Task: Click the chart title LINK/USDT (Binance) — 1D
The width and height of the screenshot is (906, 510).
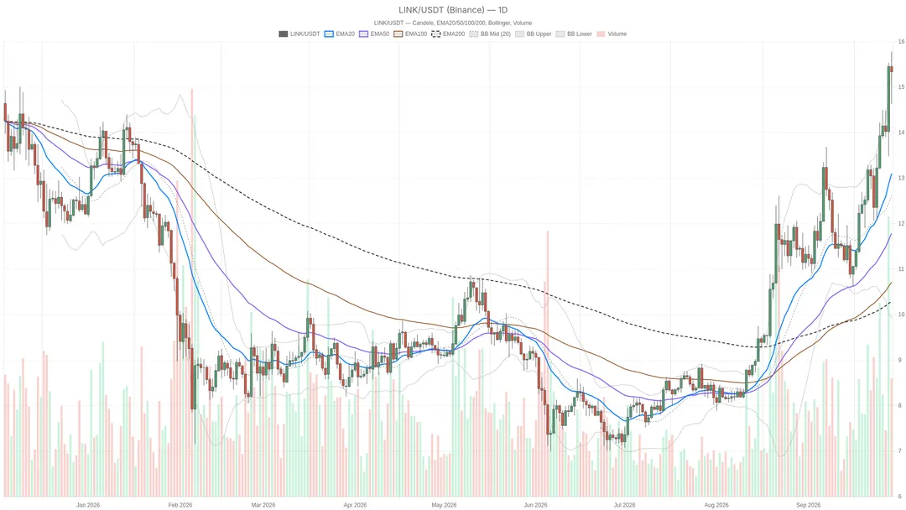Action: coord(453,10)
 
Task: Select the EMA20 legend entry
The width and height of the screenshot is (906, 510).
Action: coord(340,34)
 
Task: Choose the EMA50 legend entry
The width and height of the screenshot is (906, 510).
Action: coord(374,34)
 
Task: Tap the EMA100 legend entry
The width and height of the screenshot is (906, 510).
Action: coord(411,34)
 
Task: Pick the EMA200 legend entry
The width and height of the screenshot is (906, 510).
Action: coord(448,34)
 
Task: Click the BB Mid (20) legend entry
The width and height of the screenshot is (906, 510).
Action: coord(490,34)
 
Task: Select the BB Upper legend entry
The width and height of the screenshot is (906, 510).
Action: coord(534,34)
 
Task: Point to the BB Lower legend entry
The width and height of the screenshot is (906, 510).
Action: coord(574,34)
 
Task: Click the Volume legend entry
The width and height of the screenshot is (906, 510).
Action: coord(612,34)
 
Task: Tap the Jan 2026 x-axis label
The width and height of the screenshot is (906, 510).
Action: coord(88,505)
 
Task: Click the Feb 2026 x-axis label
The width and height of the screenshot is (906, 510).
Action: coord(180,505)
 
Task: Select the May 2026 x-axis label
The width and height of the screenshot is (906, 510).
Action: coord(444,505)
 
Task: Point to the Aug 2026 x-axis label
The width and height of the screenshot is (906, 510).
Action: coord(716,505)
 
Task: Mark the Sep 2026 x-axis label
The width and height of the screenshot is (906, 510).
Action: coord(808,505)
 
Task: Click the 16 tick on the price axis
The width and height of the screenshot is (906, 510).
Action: coord(901,42)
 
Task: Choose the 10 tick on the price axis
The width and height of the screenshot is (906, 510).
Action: coord(901,315)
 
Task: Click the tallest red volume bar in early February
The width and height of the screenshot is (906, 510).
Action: coord(192,293)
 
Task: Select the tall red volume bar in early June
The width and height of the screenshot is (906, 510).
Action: coord(547,364)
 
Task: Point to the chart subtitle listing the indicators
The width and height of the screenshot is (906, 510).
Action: coord(453,23)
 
